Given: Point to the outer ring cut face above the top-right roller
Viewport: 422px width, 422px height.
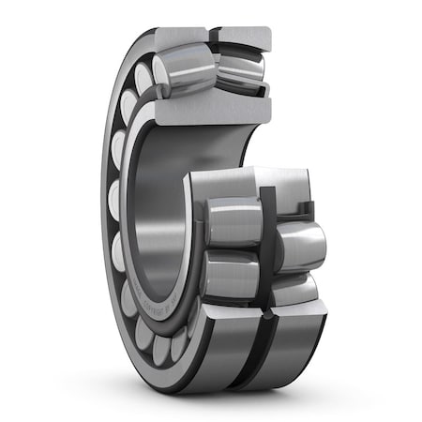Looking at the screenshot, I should tap(242, 37).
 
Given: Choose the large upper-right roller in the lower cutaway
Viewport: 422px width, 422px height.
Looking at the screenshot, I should tap(300, 246).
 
